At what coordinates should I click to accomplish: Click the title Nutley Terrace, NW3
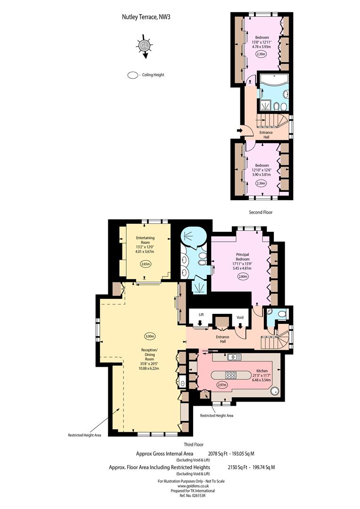[x=146, y=17]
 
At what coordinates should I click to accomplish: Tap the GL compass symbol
[x=144, y=46]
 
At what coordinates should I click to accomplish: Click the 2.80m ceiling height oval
[x=243, y=277]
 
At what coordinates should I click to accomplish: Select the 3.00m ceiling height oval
[x=149, y=337]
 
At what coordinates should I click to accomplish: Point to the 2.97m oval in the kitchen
[x=222, y=385]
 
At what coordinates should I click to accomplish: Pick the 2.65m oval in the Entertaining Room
[x=146, y=264]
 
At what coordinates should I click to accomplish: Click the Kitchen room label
[x=262, y=371]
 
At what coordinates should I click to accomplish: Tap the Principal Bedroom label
[x=243, y=257]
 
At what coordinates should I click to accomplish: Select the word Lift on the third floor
[x=201, y=314]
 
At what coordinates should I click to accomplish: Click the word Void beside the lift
[x=240, y=318]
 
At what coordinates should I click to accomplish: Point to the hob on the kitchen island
[x=231, y=375]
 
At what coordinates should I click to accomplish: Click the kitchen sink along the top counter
[x=234, y=357]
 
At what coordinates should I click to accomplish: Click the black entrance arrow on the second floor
[x=240, y=130]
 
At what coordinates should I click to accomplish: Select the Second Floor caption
[x=261, y=212]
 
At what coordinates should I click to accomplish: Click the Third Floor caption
[x=194, y=444]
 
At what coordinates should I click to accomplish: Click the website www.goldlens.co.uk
[x=191, y=486]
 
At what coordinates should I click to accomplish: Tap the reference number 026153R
[x=199, y=495]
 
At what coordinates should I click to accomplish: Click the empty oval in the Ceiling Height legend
[x=132, y=75]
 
